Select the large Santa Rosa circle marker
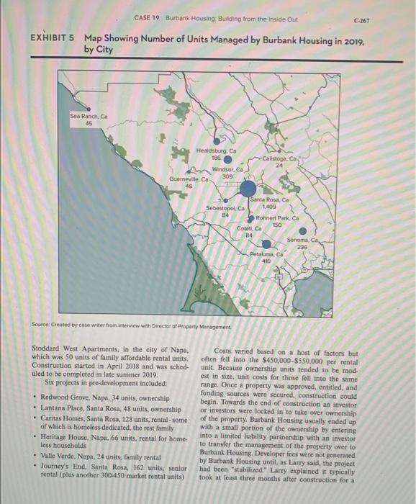[239, 189]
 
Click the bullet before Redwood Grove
[36, 396]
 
